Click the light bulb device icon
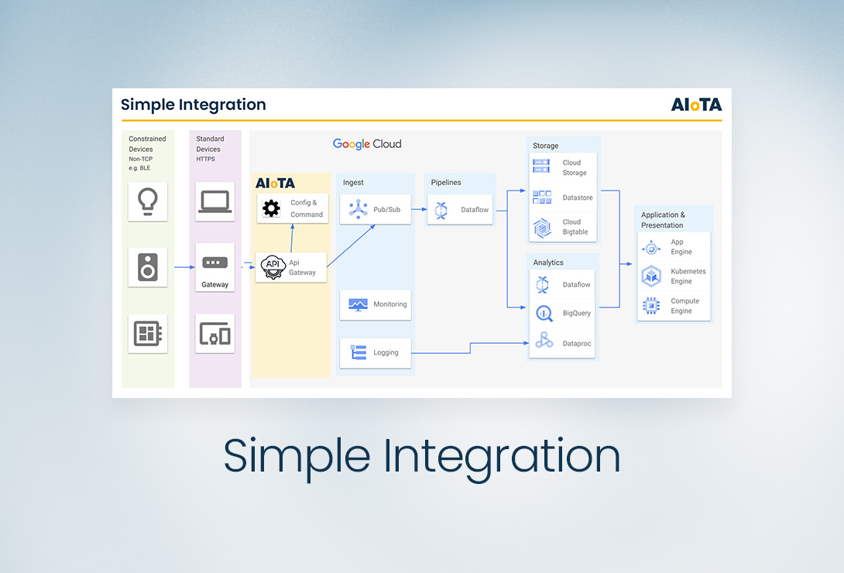coord(147,201)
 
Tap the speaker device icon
coord(147,267)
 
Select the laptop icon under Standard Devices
coord(214,201)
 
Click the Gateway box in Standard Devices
coord(214,268)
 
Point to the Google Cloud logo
coord(367,144)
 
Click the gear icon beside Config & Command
coord(271,208)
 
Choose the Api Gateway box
coord(291,267)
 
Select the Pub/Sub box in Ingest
coord(376,209)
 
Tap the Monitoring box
coord(376,304)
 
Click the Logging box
coord(376,353)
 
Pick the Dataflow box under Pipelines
coord(460,209)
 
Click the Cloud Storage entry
coord(562,167)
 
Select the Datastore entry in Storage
coord(562,197)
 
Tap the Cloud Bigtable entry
coord(562,227)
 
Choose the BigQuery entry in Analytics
coord(562,314)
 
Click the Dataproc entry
coord(562,343)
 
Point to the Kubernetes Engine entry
coord(673,276)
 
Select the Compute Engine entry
coord(673,306)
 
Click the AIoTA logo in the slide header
coord(696,105)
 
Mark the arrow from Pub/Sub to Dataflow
coord(419,209)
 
